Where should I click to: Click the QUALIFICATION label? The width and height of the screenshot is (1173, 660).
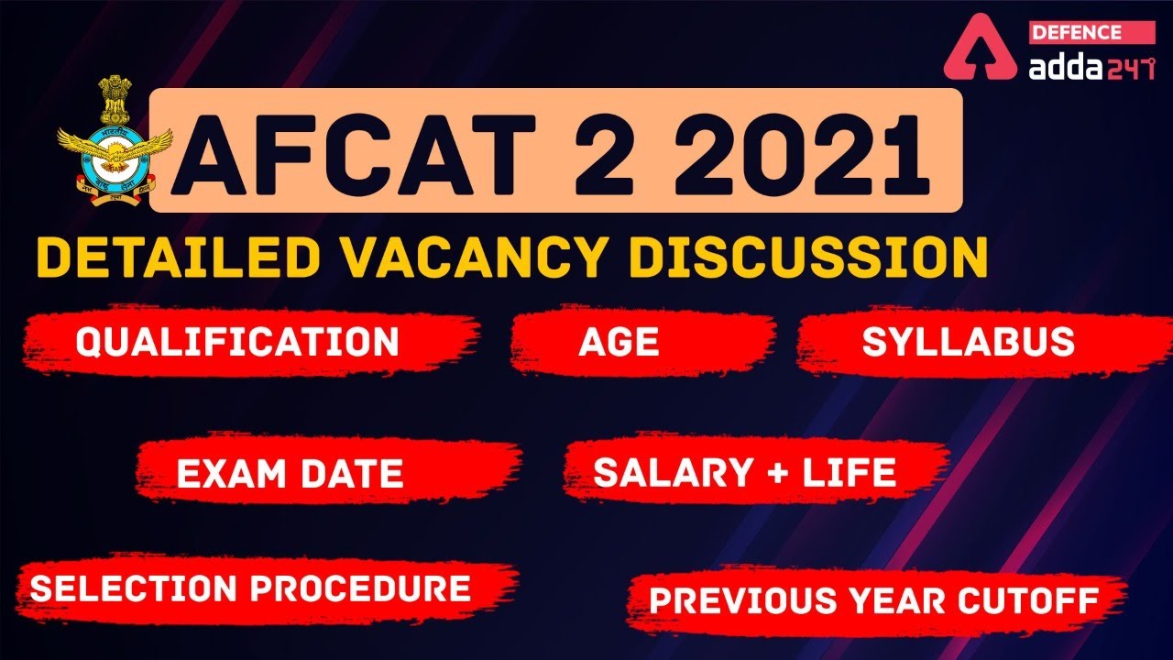click(x=237, y=342)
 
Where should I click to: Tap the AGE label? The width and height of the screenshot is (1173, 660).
click(x=619, y=342)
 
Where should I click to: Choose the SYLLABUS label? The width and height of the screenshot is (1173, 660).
click(x=968, y=342)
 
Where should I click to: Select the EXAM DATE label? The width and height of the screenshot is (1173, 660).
click(x=290, y=474)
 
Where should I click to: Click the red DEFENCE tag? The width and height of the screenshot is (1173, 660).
click(x=1077, y=33)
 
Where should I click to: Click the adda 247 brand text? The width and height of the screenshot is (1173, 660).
click(x=1091, y=67)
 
